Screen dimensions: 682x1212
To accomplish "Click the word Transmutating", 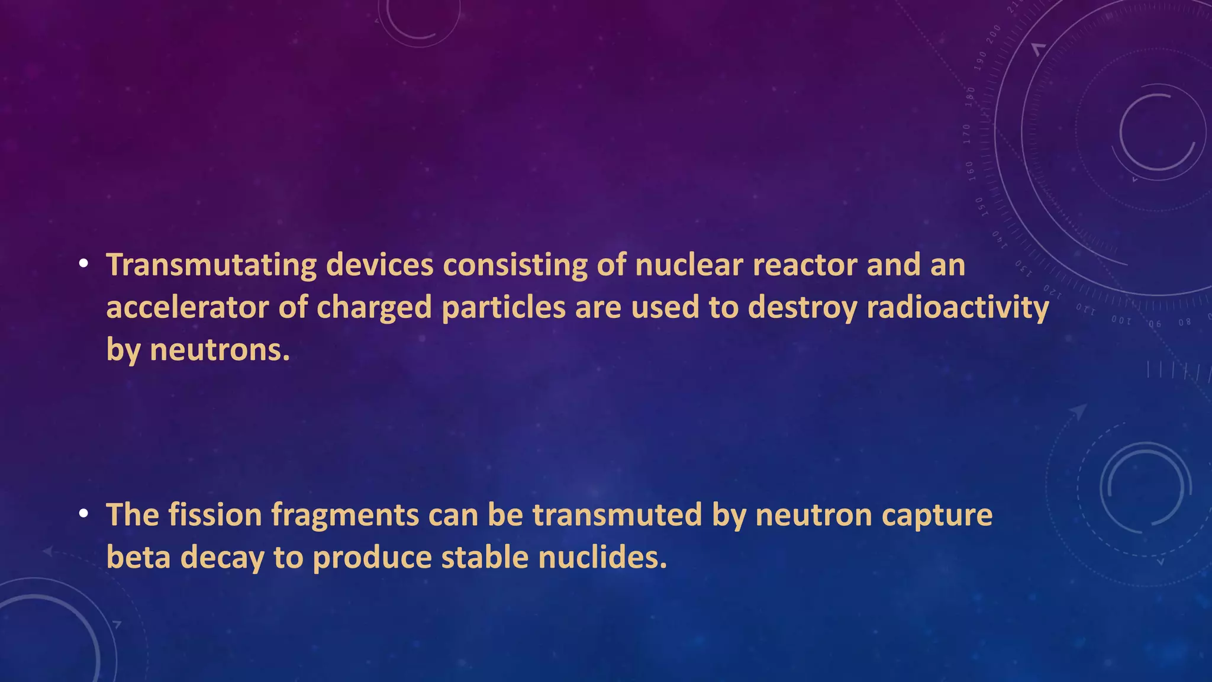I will (211, 265).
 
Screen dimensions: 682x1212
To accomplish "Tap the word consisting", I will (515, 265).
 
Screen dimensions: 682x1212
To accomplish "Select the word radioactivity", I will (958, 308).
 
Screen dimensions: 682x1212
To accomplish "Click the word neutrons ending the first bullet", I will (220, 350).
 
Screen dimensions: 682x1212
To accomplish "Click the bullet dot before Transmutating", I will (84, 264).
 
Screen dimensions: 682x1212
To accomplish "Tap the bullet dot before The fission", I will (84, 514).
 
